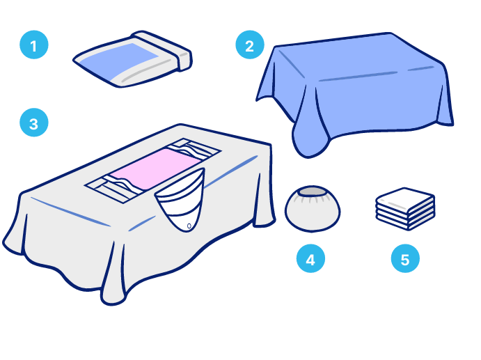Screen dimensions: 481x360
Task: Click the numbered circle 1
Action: [x=33, y=45]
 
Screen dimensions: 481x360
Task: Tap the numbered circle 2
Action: [x=250, y=45]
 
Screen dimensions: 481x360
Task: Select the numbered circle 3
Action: [x=33, y=123]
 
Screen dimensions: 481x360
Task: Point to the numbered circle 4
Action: [x=310, y=258]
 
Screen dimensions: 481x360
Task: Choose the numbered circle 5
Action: [x=405, y=258]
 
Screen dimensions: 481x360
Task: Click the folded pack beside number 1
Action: [x=132, y=59]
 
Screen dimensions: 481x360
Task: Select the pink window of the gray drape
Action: [x=155, y=169]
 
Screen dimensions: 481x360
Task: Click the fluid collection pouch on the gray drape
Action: [x=181, y=199]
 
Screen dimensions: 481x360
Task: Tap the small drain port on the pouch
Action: [x=189, y=226]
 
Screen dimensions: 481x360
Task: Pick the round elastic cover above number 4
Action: [x=313, y=209]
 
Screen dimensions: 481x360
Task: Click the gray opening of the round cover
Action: [x=313, y=191]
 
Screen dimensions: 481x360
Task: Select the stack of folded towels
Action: [x=405, y=209]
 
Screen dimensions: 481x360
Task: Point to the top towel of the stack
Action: [x=405, y=199]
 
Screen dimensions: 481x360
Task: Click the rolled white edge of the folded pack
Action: [x=163, y=50]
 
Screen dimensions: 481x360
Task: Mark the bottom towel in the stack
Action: [x=405, y=223]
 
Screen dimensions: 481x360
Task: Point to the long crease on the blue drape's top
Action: [x=358, y=77]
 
